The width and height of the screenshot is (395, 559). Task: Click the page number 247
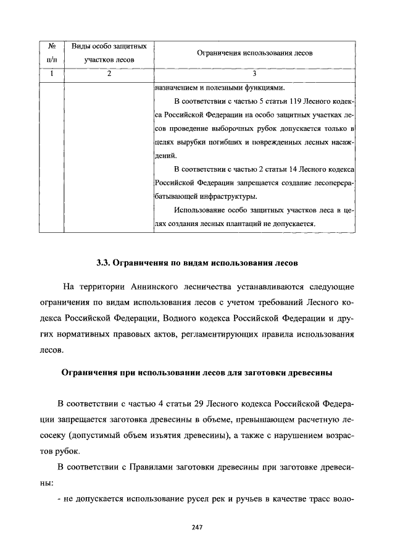(197, 527)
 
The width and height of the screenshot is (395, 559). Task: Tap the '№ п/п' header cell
(52, 54)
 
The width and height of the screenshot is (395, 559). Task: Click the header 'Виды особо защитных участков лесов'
(109, 54)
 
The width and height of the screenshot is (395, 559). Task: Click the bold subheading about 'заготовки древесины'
(197, 373)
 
